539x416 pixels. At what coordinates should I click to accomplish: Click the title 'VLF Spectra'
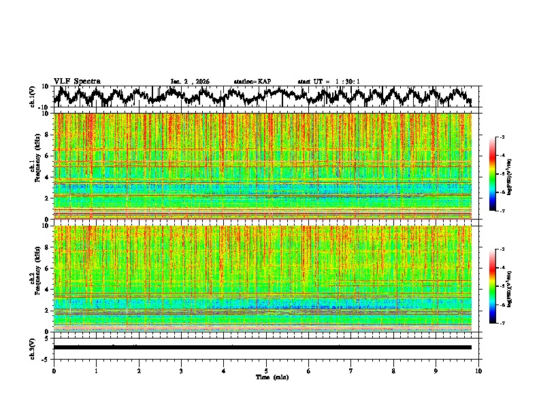(x=77, y=81)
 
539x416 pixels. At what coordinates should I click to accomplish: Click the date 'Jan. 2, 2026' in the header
(x=190, y=82)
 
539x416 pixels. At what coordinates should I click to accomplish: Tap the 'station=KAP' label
(x=252, y=82)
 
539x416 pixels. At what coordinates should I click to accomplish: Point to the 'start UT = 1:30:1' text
(x=328, y=82)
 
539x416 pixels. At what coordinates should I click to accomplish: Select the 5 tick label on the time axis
(x=266, y=370)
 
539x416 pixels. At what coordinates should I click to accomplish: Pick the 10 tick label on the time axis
(x=478, y=370)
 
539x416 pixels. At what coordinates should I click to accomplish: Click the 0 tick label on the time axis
(x=54, y=370)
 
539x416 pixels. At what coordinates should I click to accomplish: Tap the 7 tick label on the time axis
(x=351, y=370)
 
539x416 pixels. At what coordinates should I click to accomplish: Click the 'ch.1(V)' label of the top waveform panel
(x=33, y=97)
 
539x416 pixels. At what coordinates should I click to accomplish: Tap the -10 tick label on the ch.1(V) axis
(x=44, y=107)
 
